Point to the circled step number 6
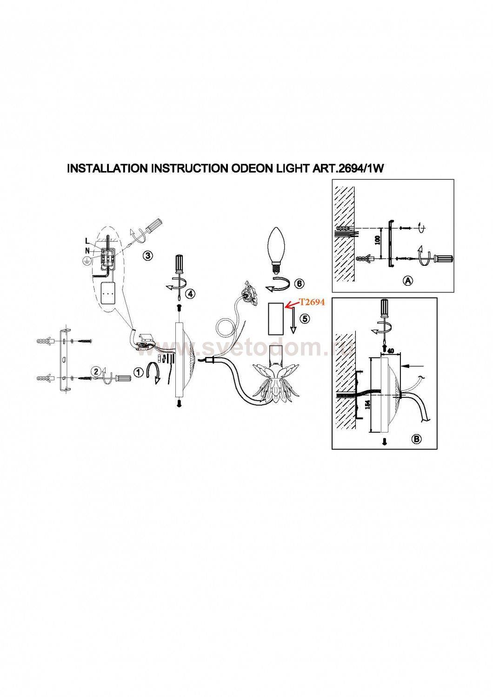point(299,283)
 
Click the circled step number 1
point(137,372)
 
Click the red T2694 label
point(312,302)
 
